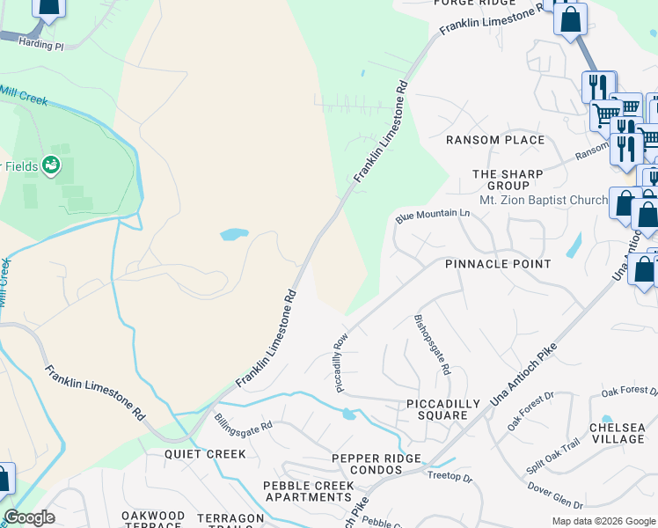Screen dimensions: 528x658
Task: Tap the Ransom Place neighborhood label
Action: click(x=495, y=140)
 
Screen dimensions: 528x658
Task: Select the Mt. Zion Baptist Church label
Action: click(x=543, y=200)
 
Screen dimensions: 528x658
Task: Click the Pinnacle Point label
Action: click(x=498, y=264)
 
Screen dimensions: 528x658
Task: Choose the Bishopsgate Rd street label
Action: click(x=432, y=345)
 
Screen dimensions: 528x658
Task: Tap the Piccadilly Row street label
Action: click(x=342, y=362)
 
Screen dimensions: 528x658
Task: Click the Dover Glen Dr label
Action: click(x=554, y=497)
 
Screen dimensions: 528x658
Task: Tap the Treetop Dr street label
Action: click(x=450, y=478)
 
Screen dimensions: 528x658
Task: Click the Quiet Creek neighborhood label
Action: click(x=206, y=454)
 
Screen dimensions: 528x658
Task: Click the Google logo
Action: click(x=28, y=517)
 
